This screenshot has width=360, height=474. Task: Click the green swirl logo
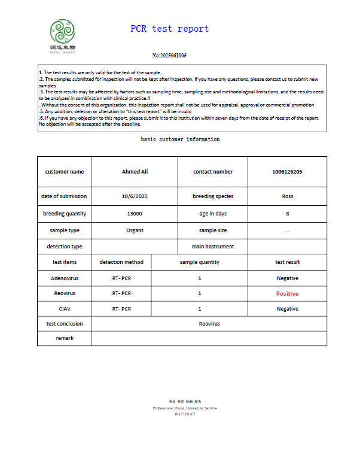click(x=63, y=31)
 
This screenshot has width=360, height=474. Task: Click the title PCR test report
click(x=170, y=29)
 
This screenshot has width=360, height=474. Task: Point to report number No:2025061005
click(x=169, y=56)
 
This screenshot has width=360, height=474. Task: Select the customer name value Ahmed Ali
click(x=135, y=172)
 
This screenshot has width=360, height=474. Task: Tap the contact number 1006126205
click(x=287, y=172)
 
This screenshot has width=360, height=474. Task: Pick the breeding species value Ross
click(x=287, y=196)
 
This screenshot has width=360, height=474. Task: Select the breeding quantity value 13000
click(x=135, y=214)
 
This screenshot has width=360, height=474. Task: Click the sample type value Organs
click(x=135, y=230)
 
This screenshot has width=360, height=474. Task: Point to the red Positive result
click(x=287, y=294)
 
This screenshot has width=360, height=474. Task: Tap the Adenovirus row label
click(x=64, y=278)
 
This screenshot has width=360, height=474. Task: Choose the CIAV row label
click(x=64, y=309)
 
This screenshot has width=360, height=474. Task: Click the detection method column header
click(x=121, y=262)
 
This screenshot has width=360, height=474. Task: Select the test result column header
click(x=287, y=262)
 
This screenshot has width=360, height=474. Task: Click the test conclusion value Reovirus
click(x=209, y=324)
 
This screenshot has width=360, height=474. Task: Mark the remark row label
click(x=64, y=338)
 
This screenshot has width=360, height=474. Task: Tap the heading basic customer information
click(x=180, y=139)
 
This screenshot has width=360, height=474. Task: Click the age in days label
click(x=213, y=214)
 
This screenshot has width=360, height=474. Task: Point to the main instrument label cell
click(x=213, y=247)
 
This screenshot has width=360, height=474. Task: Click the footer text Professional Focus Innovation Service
click(x=185, y=408)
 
